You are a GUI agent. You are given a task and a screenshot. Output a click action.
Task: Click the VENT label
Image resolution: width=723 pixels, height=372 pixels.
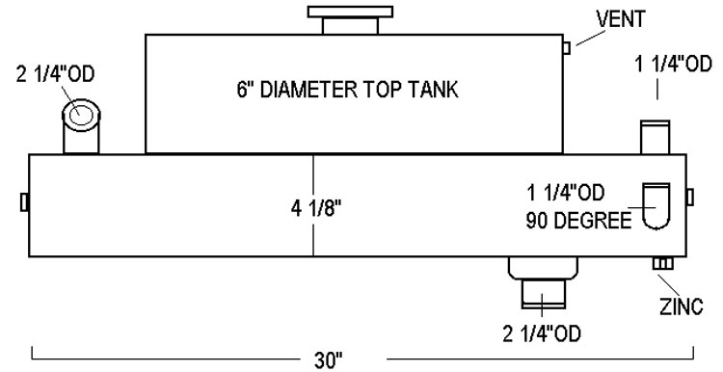pos(620,19)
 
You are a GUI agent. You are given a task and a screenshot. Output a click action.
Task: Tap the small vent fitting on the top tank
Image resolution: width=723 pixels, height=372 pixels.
pos(567,48)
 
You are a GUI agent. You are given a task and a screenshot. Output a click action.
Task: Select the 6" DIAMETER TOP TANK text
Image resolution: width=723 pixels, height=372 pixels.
pos(348,89)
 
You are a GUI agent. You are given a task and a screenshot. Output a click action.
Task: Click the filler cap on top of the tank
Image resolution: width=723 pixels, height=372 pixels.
pos(351,20)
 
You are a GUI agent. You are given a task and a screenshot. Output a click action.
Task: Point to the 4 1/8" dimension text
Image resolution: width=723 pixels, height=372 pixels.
pos(316,209)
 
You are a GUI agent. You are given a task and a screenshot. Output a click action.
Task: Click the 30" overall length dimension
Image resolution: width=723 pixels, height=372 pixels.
pos(329,360)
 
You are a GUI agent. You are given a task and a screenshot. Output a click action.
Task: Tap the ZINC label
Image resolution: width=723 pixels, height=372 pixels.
pos(681,306)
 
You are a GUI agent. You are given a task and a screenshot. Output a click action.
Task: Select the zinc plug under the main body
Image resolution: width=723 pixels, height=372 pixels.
pos(662,263)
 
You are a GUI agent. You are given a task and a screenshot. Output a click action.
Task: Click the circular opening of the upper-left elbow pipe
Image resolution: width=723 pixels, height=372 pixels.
pos(81,116)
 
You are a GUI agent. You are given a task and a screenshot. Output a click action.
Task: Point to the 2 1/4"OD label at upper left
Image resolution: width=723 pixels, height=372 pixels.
pos(55,74)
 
